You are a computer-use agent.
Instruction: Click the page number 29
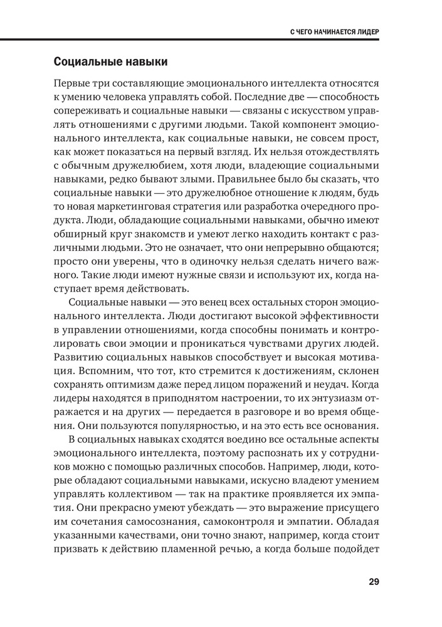click(x=374, y=581)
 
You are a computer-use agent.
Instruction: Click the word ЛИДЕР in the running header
click(x=367, y=30)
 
